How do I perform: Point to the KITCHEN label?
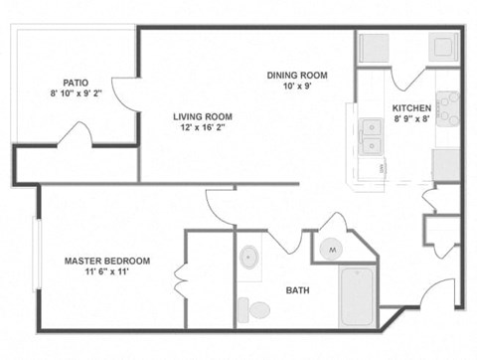(410, 108)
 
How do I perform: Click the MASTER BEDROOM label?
(107, 261)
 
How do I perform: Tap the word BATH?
(297, 290)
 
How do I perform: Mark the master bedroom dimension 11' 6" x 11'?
(107, 273)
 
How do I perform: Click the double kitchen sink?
(373, 137)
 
